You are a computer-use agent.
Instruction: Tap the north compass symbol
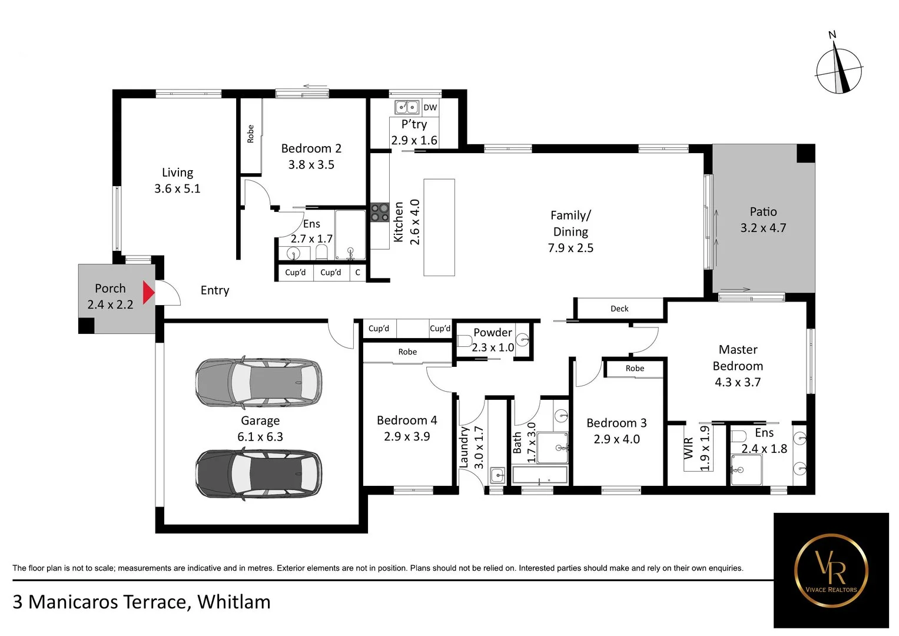point(838,71)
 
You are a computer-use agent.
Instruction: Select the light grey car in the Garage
point(258,383)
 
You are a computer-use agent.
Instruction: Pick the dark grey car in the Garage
point(258,474)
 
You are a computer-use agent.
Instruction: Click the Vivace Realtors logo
point(831,570)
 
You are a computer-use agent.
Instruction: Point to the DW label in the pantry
point(430,107)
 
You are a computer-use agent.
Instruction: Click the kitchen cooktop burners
point(380,212)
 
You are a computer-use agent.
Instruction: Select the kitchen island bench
point(439,227)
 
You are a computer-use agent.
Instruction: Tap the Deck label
point(619,309)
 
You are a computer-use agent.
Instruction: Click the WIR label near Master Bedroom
point(688,448)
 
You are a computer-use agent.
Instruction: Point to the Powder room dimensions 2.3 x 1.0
point(493,347)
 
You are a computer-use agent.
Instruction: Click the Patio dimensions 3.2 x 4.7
point(763,228)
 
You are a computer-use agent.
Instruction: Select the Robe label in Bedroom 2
point(250,134)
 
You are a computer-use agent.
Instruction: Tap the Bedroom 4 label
point(407,420)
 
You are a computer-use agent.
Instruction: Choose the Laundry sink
point(497,475)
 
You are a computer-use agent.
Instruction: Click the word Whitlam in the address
point(234,602)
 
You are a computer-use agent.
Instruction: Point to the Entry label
point(215,290)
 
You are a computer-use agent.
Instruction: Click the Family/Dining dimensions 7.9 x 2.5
point(570,248)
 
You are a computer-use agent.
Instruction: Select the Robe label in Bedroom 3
point(635,369)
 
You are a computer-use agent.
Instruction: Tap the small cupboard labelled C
point(357,272)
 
